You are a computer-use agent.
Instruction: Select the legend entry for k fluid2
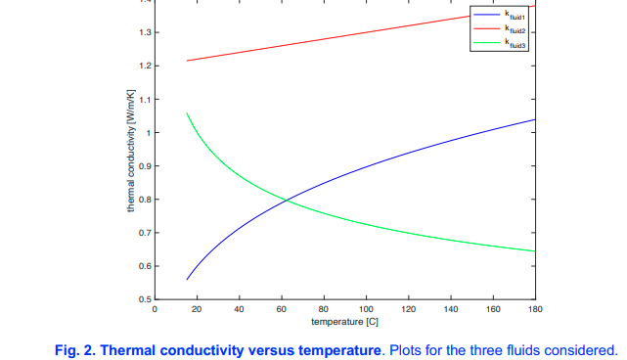(515, 30)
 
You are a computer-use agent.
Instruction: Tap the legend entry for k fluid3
(515, 43)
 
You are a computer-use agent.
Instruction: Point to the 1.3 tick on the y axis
(145, 33)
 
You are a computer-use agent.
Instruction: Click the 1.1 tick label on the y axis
(145, 100)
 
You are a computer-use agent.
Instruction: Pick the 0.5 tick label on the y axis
(145, 299)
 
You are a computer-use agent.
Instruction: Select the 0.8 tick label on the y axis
(145, 200)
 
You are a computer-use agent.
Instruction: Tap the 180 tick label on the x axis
(534, 309)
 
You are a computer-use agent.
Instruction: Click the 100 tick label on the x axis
(366, 309)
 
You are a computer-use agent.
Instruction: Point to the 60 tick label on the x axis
(282, 309)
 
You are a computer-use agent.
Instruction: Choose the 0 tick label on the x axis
(155, 309)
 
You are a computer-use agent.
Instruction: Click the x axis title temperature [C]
(344, 322)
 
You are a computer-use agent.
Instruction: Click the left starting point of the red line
(187, 61)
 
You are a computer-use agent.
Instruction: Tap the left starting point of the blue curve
(187, 280)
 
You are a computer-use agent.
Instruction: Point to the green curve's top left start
(187, 113)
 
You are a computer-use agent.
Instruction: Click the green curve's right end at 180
(535, 251)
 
